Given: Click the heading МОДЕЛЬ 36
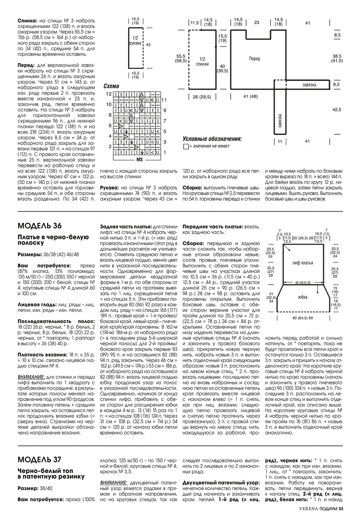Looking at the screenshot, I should pos(40,226).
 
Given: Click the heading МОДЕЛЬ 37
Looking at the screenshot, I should pos(39,459).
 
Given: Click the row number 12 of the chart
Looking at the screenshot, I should pos(108,94).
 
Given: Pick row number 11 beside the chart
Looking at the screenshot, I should pos(164,100).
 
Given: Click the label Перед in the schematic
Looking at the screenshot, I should pos(255,59).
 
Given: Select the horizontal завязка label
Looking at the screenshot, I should pos(309,85).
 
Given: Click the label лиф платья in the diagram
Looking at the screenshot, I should pos(302,263).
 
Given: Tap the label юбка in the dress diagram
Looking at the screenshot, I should pos(302,297).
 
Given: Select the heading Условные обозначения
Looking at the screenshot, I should pos(212,139).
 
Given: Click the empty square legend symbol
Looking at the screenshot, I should pos(186,146).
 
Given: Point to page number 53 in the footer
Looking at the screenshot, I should pos(341,513).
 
